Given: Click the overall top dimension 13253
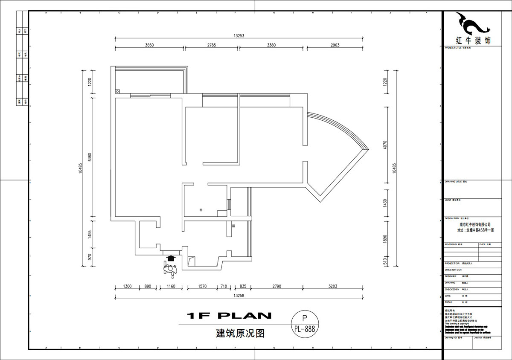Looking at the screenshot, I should coord(239,36).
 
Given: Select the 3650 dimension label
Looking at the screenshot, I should coord(149,45).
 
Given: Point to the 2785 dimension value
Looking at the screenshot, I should coord(212,45).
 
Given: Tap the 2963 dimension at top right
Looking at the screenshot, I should coord(335,45).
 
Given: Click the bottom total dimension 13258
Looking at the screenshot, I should coord(239,295).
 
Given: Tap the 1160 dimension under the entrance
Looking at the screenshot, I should coord(171,286).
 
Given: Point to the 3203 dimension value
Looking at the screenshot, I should coord(333,286).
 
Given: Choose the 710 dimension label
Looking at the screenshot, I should coord(223,286).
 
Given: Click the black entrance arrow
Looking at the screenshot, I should coord(171,258).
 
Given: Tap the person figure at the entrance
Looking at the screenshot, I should coord(170,269).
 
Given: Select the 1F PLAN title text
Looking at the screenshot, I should coord(230,316).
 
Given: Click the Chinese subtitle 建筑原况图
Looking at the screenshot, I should coord(240,333).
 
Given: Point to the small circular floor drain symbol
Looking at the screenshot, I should coord(202,210).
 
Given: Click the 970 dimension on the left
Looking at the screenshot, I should coord(90,257).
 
